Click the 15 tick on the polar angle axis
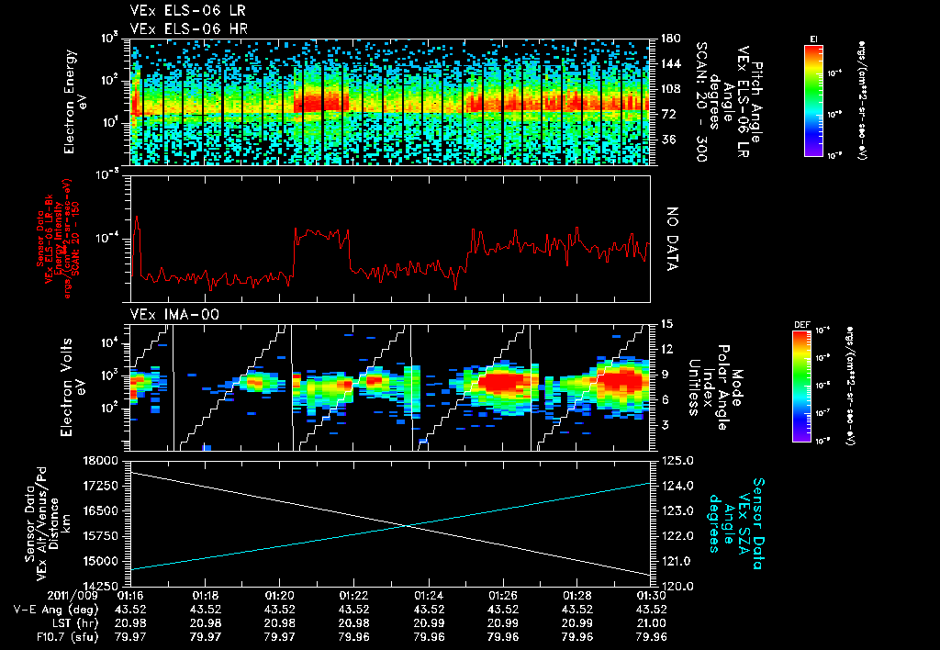pyautogui.click(x=666, y=323)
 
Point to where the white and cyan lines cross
pyautogui.click(x=405, y=525)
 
